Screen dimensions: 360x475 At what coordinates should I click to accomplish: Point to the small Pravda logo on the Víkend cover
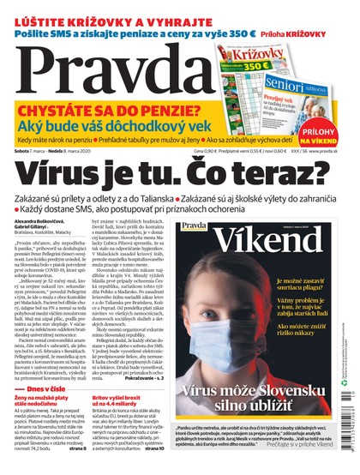tap(194, 227)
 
